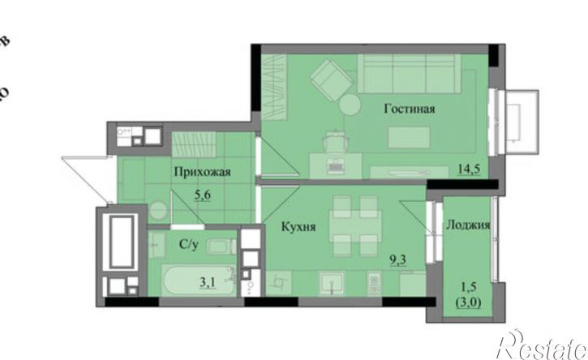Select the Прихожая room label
click(x=204, y=171)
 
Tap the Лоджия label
click(x=467, y=226)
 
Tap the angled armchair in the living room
click(x=328, y=79)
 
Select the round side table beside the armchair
click(x=351, y=105)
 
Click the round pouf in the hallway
click(x=157, y=212)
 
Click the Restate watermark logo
click(x=541, y=345)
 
